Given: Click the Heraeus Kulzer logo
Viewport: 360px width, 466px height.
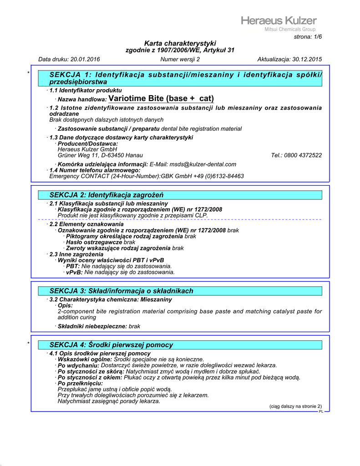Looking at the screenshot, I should point(279,21).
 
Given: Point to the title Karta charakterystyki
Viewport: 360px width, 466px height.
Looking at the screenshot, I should point(180,43).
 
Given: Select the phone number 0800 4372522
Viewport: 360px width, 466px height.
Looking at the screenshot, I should point(304,155).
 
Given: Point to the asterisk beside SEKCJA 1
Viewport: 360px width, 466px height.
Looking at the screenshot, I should point(28,73).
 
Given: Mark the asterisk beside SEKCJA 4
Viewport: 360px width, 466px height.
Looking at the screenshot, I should point(28,343).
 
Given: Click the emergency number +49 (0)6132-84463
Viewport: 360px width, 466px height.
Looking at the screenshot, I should point(216,176).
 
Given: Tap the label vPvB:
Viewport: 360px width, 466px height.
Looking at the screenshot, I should point(74,272).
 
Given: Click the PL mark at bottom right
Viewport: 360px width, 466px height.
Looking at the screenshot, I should point(321,411).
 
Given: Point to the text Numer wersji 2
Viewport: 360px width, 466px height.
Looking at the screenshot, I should point(180,59).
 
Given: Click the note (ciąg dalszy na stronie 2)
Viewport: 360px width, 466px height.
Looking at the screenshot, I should point(295,406).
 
